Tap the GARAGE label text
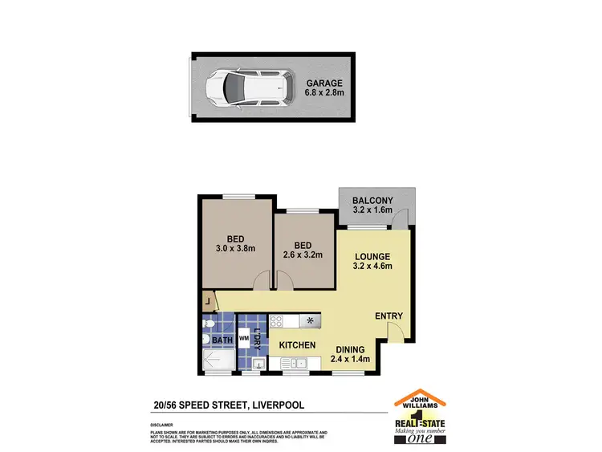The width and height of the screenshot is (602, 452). tap(324, 83)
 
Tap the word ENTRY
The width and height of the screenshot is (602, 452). tap(388, 316)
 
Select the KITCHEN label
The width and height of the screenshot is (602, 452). tap(297, 346)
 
